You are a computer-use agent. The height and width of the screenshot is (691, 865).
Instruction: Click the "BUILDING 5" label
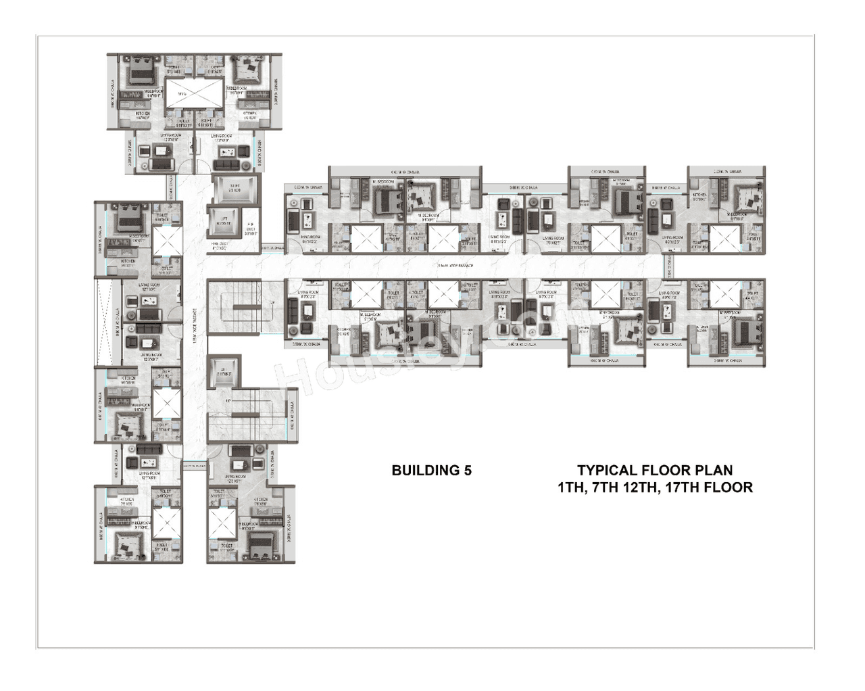[x=431, y=471]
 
